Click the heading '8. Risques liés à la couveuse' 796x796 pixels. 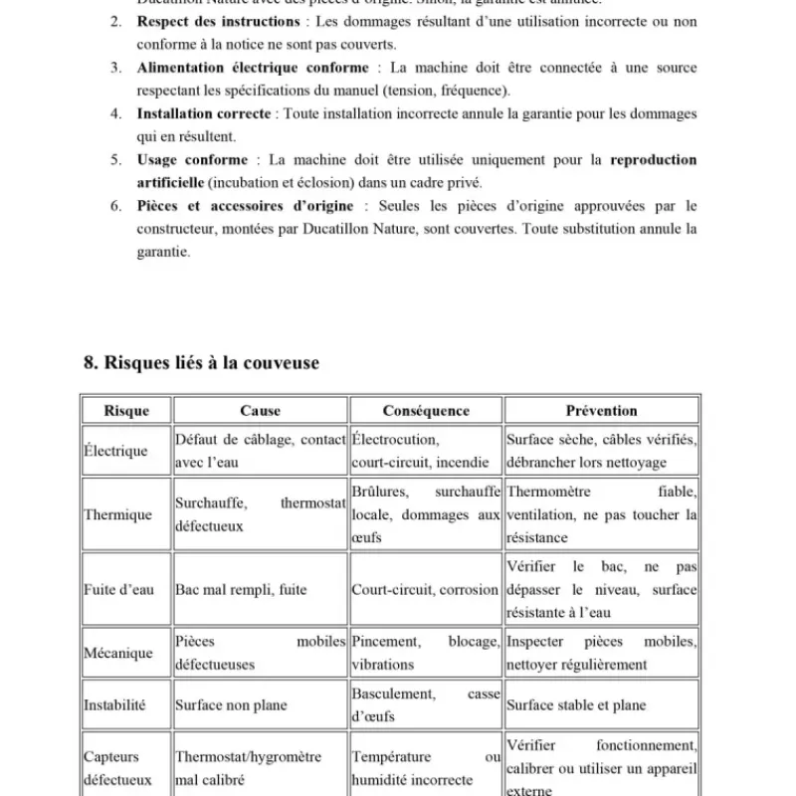(x=201, y=363)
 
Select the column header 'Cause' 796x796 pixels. (x=261, y=411)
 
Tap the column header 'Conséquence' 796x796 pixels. (x=426, y=411)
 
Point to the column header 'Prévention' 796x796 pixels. (x=601, y=411)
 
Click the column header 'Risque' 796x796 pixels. (x=126, y=411)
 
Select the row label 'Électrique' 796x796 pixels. (x=115, y=451)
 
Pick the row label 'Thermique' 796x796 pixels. (x=117, y=515)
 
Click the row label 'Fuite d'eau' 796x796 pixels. (x=118, y=590)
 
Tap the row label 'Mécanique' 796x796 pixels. (x=118, y=654)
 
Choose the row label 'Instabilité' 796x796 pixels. (x=115, y=705)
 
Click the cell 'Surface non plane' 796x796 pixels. (x=231, y=705)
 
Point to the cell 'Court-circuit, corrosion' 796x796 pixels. (x=425, y=590)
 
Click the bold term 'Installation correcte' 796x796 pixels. (x=207, y=114)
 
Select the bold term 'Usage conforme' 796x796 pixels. (x=192, y=159)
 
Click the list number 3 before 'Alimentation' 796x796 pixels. (x=115, y=68)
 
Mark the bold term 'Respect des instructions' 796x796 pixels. (x=218, y=22)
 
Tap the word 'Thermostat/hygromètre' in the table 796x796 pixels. (x=248, y=757)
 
